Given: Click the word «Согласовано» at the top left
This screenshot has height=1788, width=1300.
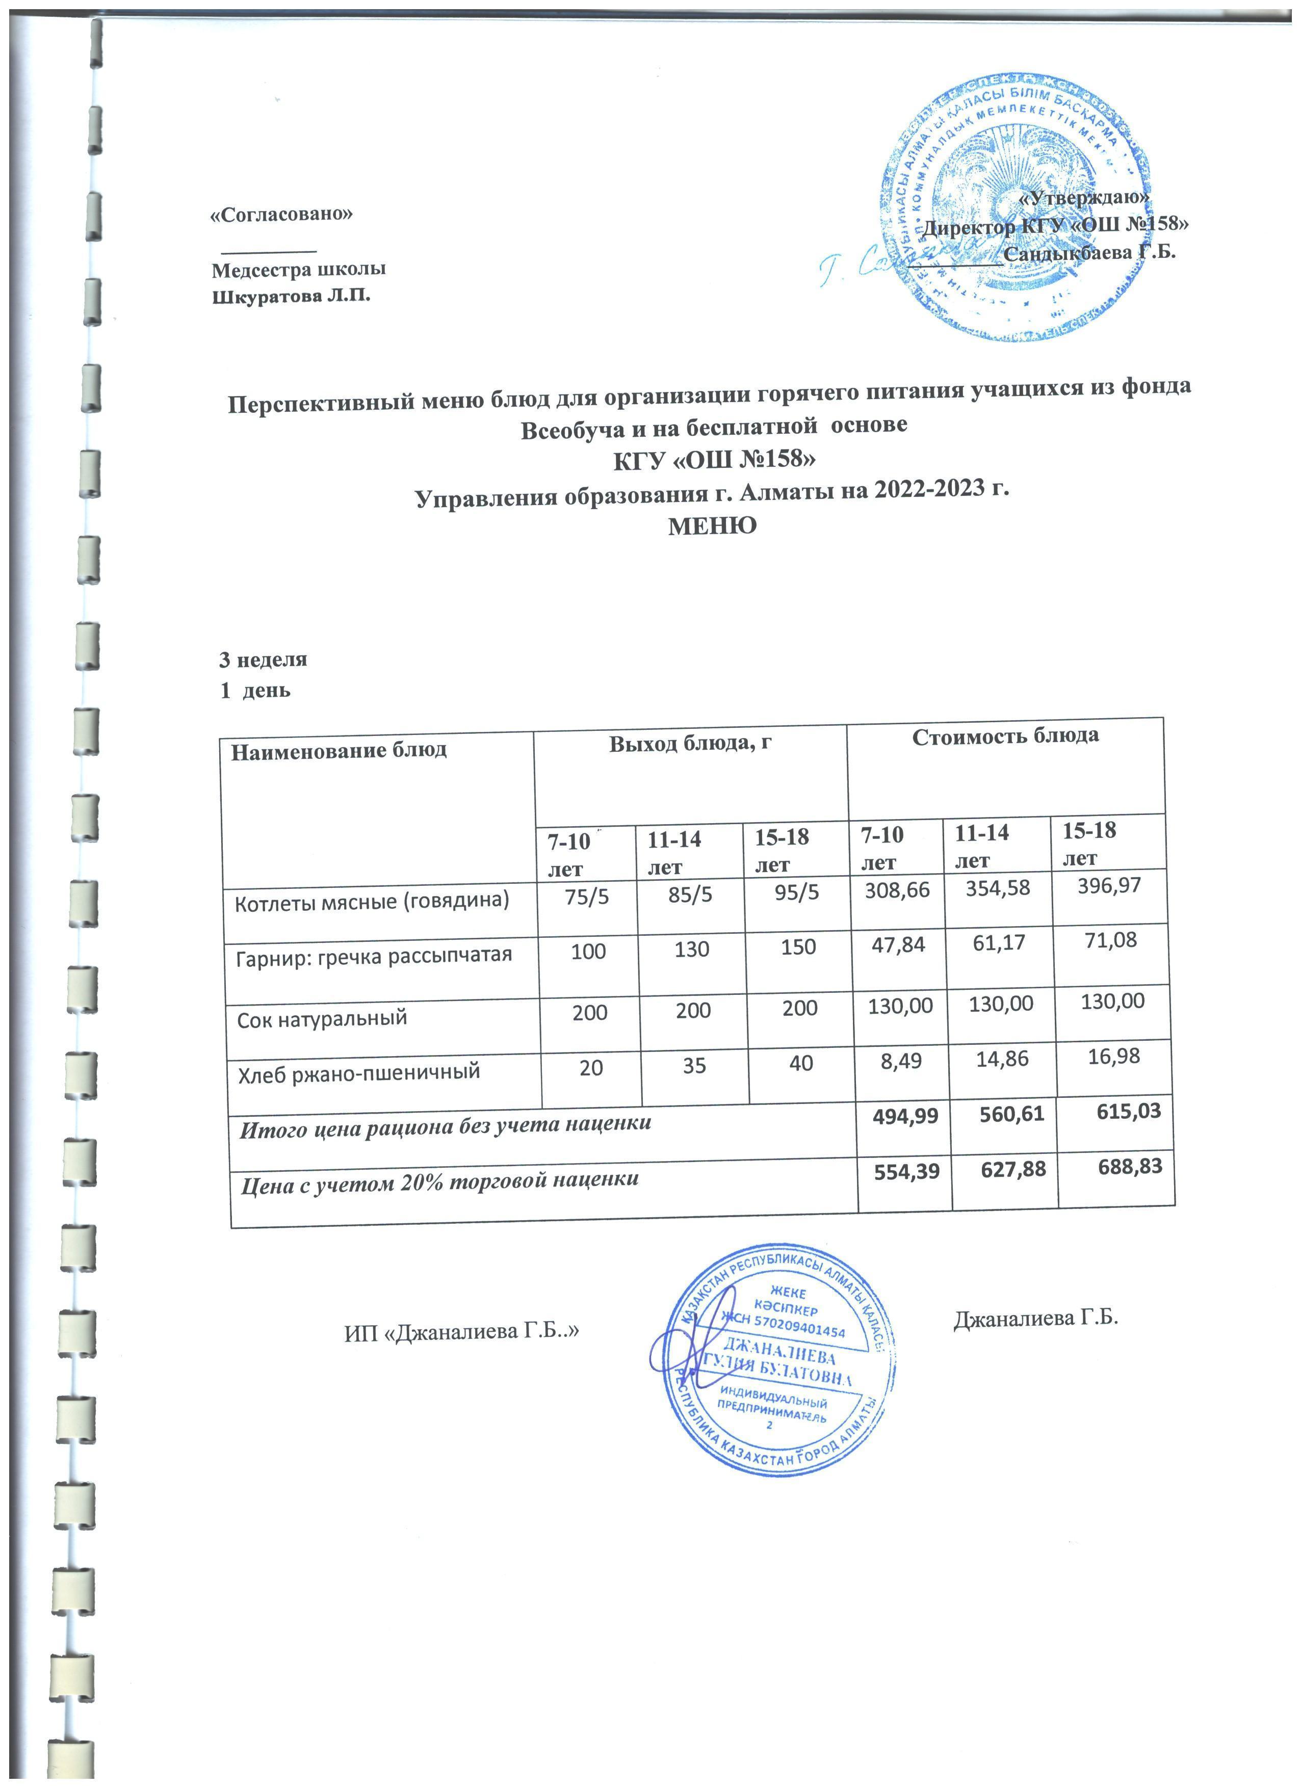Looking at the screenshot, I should click(281, 215).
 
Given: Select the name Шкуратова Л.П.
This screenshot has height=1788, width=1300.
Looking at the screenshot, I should click(291, 297).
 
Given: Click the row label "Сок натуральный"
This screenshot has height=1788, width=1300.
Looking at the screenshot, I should click(322, 1017).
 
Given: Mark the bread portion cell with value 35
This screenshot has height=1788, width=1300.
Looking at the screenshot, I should click(694, 1067).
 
